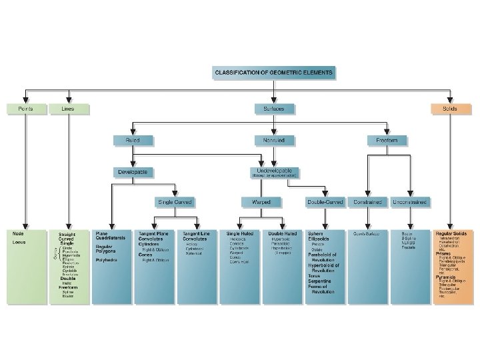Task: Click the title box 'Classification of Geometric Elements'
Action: pos(275,71)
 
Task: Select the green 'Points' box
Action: pos(25,108)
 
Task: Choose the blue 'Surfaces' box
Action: pos(274,108)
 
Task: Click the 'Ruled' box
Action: pos(133,140)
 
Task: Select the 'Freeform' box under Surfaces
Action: pos(386,140)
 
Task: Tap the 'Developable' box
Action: pos(133,171)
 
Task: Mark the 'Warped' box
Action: pos(261,201)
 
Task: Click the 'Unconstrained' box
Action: pos(410,201)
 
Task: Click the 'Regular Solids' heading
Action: pos(452,234)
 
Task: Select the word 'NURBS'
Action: pos(409,243)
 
